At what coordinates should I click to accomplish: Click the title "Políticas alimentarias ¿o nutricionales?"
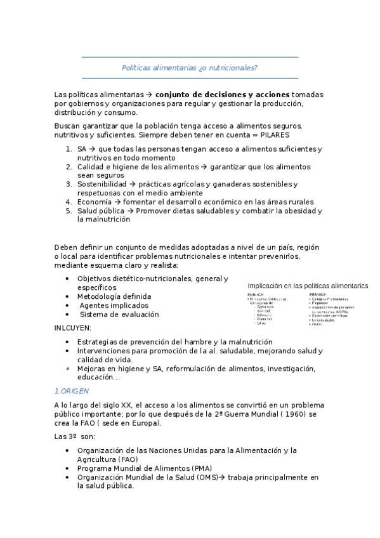190,68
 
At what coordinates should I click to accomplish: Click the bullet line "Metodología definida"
114,296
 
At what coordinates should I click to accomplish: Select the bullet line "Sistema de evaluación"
119,314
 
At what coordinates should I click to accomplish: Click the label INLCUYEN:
73,327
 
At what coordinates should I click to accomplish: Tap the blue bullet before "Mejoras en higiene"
69,368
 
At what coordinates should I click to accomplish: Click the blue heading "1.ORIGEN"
72,391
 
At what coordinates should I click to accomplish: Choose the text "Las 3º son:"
74,437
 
